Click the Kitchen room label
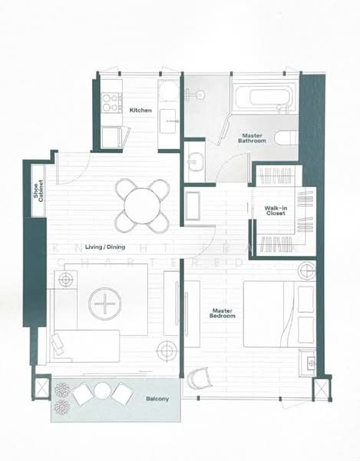point(140,111)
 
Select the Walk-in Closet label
point(276,210)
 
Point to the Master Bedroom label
point(223,314)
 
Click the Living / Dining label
point(106,237)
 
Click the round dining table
point(142,205)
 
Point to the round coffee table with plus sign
point(103,305)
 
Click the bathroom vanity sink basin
point(195,162)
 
